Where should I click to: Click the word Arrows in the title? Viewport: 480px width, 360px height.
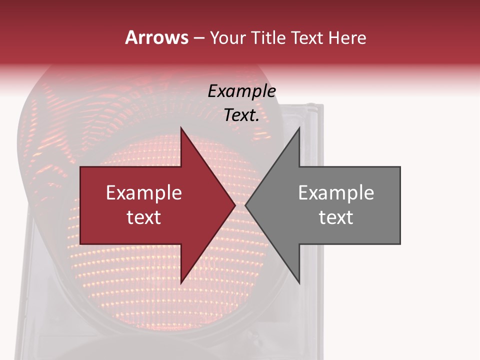[157, 37]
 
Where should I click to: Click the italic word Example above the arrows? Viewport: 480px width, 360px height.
[241, 91]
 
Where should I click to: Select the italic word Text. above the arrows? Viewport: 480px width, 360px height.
[241, 115]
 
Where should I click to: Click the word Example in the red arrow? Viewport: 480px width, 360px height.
[144, 193]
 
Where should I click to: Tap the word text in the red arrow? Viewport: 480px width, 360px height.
[144, 217]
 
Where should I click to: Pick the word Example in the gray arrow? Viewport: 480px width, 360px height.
[336, 193]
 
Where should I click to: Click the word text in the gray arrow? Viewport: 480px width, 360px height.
[336, 217]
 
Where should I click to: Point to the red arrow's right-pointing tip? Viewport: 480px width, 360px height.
[235, 205]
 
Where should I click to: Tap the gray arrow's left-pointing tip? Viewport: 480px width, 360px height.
[246, 205]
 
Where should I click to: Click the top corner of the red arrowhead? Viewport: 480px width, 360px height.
[181, 128]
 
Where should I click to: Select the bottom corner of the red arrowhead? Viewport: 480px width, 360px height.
[181, 283]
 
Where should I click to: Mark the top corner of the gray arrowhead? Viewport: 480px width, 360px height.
[299, 128]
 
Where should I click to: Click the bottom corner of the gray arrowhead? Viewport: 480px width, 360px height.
[299, 283]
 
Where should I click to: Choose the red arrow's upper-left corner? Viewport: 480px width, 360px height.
[81, 167]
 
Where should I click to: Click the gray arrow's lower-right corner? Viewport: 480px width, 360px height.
[399, 243]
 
